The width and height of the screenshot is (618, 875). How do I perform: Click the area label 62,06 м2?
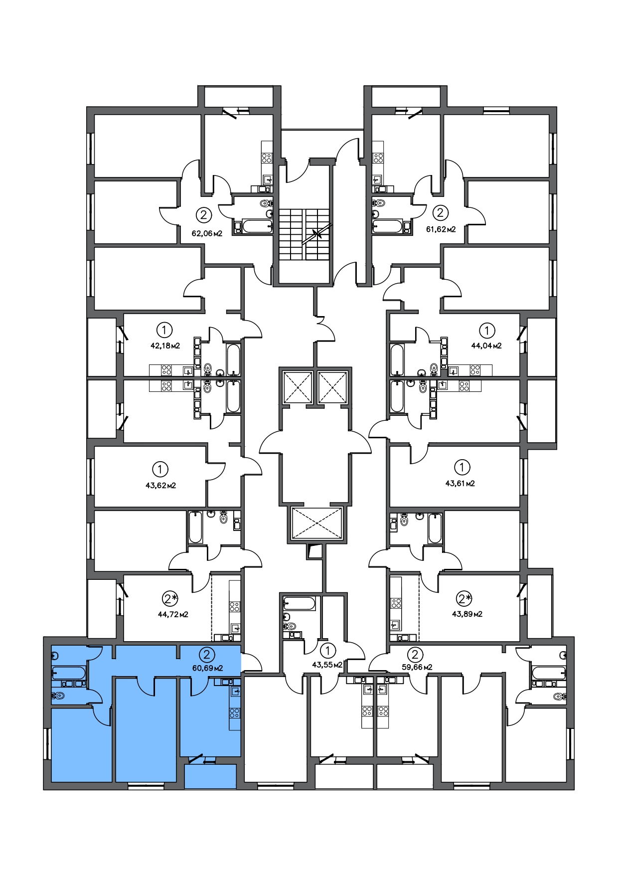(x=207, y=233)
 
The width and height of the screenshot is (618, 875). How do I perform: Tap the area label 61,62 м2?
(x=441, y=229)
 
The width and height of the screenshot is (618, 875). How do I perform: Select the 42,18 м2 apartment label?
(x=165, y=345)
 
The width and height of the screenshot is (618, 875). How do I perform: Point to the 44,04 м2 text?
(x=486, y=345)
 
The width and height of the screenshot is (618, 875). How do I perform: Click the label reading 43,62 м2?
(x=160, y=485)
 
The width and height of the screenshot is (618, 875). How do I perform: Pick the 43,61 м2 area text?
(x=460, y=483)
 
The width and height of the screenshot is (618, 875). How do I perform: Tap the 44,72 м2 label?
(x=173, y=614)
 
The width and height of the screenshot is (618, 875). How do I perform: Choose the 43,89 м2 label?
(x=467, y=614)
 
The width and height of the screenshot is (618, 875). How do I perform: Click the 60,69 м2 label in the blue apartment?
(x=207, y=668)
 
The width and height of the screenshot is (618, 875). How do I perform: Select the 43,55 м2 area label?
(x=327, y=665)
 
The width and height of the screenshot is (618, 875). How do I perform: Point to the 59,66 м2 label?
(x=417, y=667)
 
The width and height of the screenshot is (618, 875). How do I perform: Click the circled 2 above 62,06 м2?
(x=203, y=215)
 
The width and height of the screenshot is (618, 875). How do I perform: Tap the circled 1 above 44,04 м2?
(x=486, y=330)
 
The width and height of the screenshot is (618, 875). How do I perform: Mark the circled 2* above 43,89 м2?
(x=464, y=598)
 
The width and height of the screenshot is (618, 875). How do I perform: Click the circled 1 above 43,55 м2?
(x=327, y=650)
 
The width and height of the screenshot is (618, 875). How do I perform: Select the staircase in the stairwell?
(x=304, y=234)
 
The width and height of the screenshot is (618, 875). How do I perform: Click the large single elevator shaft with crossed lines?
(x=316, y=523)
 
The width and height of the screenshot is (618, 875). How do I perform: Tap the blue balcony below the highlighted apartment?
(x=210, y=776)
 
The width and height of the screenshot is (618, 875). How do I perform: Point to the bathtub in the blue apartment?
(x=69, y=673)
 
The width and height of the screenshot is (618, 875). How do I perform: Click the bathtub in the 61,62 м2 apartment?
(x=387, y=226)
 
